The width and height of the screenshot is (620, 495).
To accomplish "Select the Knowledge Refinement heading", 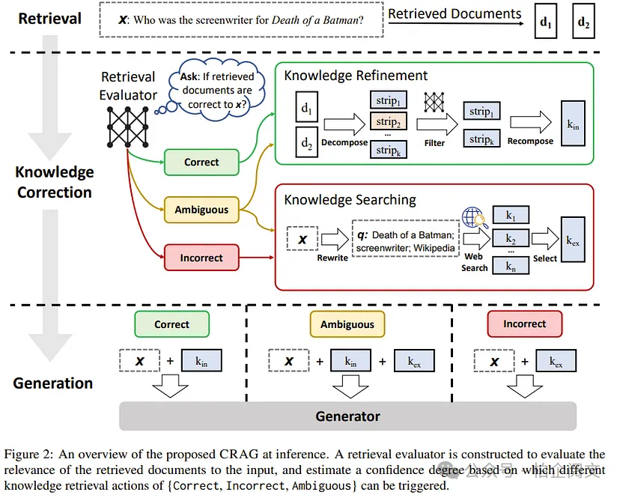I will (356, 76).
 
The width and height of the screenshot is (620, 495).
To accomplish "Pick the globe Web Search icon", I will (473, 218).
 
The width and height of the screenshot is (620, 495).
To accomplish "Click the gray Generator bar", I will (347, 416).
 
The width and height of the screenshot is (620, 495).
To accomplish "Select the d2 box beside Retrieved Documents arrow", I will (583, 22).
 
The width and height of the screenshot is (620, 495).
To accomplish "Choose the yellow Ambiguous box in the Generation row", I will (347, 324).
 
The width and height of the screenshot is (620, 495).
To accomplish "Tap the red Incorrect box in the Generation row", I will (524, 324).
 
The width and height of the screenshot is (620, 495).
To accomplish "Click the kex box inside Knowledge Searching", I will (573, 242).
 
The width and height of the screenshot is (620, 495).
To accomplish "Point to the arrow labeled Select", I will (544, 240).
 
